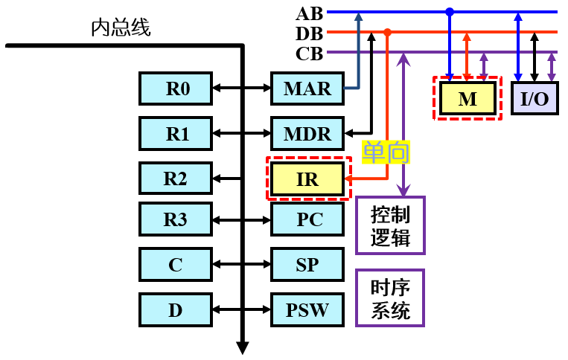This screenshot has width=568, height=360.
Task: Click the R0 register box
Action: [176, 89]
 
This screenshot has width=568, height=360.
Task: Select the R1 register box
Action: [176, 133]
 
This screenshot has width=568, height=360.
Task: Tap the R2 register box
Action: [176, 179]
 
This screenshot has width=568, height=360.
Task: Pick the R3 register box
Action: [176, 219]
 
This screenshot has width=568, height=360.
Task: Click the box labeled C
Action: [176, 265]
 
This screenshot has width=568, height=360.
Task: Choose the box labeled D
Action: [176, 310]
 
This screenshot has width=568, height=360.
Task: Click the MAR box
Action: [307, 89]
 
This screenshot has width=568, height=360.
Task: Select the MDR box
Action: [307, 133]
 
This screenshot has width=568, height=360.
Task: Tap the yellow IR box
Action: [307, 179]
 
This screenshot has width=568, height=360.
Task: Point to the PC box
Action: [307, 219]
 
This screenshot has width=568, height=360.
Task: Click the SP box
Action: [307, 265]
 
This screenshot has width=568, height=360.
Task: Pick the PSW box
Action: [307, 310]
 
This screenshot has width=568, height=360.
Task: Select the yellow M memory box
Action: [468, 98]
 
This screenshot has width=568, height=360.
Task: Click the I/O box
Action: [535, 98]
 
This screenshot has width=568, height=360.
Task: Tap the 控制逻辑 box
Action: [390, 225]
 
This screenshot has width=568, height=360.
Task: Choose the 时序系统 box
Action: [390, 298]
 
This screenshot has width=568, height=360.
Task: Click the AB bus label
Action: [310, 14]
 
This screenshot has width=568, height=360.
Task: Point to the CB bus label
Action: [310, 54]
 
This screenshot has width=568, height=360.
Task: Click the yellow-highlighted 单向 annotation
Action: [386, 152]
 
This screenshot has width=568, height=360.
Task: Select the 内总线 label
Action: [121, 28]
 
